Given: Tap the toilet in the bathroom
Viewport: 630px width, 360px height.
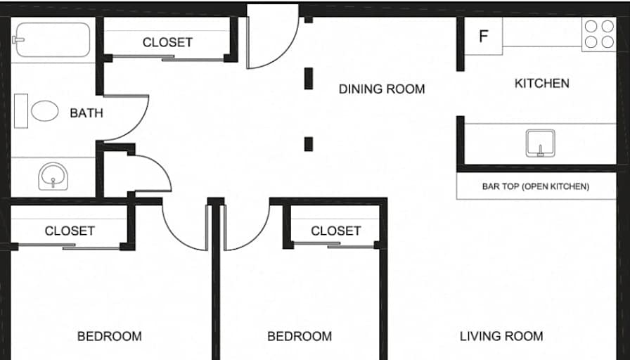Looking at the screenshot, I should [x=40, y=111].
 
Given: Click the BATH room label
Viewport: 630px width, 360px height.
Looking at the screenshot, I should [x=86, y=112].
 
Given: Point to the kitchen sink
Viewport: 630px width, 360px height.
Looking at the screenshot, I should [x=540, y=143].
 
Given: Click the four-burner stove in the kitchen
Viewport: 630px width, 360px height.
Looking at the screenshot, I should [x=598, y=34].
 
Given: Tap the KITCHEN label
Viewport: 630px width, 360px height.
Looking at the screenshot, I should [x=541, y=83].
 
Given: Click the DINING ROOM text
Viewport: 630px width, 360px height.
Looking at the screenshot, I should [x=382, y=89].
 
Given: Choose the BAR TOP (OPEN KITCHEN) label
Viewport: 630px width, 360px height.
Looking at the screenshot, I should [x=535, y=187].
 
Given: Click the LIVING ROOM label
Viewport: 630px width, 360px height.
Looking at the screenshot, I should [x=501, y=336].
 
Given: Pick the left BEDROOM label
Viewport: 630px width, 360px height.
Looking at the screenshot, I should [x=109, y=336].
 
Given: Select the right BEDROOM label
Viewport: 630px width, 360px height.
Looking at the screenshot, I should [x=299, y=336].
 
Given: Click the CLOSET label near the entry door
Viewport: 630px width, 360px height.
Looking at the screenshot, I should [x=167, y=42].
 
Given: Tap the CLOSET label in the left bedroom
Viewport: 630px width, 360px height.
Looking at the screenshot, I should [x=70, y=231].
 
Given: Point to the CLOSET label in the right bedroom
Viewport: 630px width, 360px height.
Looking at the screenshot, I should [x=335, y=231].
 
